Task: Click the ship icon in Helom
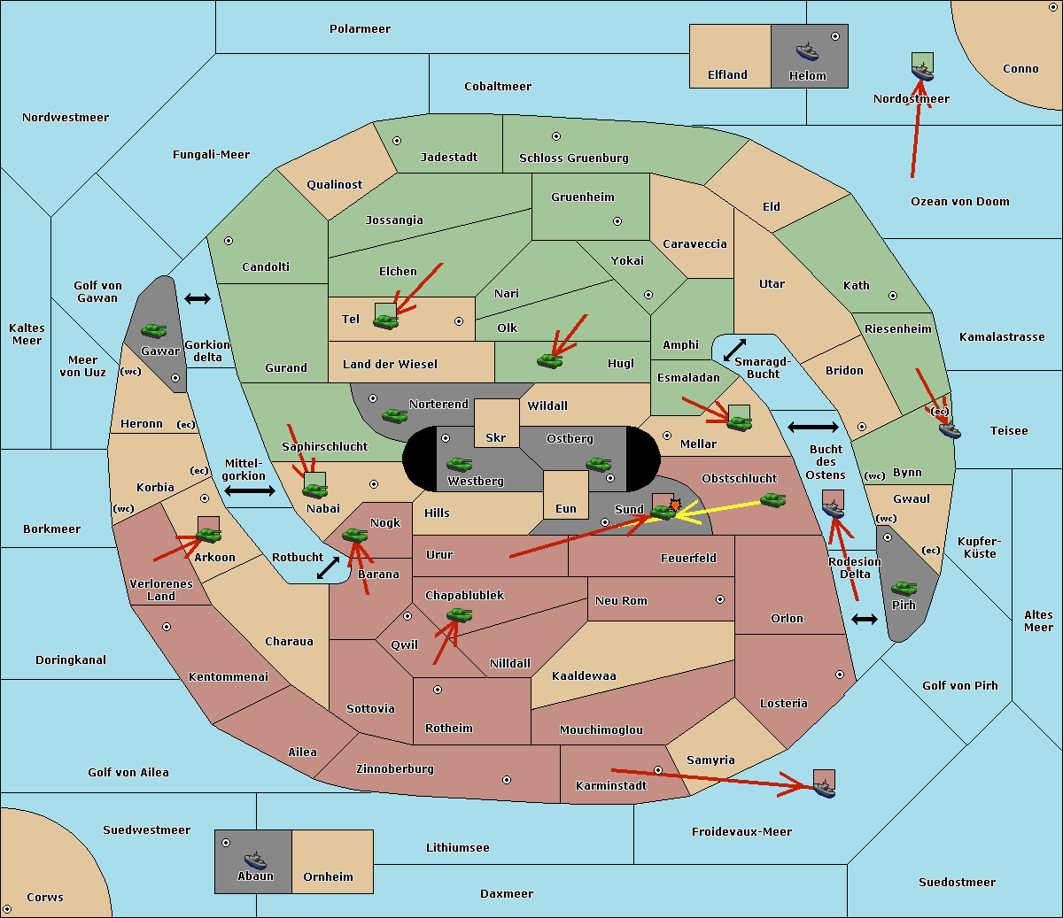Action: tap(807, 51)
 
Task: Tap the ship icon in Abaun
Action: tap(255, 860)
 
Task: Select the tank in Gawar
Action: tap(154, 330)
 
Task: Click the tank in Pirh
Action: tap(904, 588)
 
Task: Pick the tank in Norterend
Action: tap(394, 415)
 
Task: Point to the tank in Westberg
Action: tap(459, 464)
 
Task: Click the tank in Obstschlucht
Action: tap(772, 499)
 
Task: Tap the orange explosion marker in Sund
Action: tap(675, 505)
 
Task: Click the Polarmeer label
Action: tap(360, 29)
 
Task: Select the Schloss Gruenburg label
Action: tap(574, 158)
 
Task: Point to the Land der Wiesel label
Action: tap(390, 364)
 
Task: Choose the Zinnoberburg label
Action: tap(395, 768)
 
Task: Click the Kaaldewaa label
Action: tap(584, 675)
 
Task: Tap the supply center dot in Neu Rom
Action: tap(720, 599)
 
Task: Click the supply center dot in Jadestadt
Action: tap(397, 141)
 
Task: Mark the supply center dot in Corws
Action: tap(7, 909)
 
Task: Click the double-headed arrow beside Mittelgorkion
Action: tap(250, 490)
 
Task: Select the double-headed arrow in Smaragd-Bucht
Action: tap(734, 350)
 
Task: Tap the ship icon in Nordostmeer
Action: tap(922, 72)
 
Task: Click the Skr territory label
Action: tap(495, 437)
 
